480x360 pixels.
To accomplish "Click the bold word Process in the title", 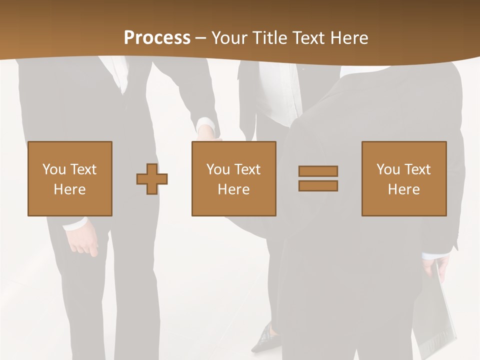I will click(x=157, y=38).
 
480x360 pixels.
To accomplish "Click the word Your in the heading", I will click(x=228, y=38).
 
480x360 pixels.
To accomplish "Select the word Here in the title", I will click(x=347, y=38).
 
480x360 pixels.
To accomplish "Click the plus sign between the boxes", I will click(x=152, y=178).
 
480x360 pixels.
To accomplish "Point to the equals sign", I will click(x=318, y=178).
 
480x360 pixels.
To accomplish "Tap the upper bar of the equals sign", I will click(x=318, y=171).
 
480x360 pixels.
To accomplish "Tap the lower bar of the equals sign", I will click(x=318, y=186).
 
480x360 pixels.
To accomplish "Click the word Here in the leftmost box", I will click(x=70, y=189).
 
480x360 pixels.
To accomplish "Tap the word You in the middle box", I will click(x=218, y=169).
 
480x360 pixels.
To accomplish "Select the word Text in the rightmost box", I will click(x=417, y=169).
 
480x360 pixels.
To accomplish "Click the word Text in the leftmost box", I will click(x=83, y=169).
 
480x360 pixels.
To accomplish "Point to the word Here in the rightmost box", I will click(x=404, y=189).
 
